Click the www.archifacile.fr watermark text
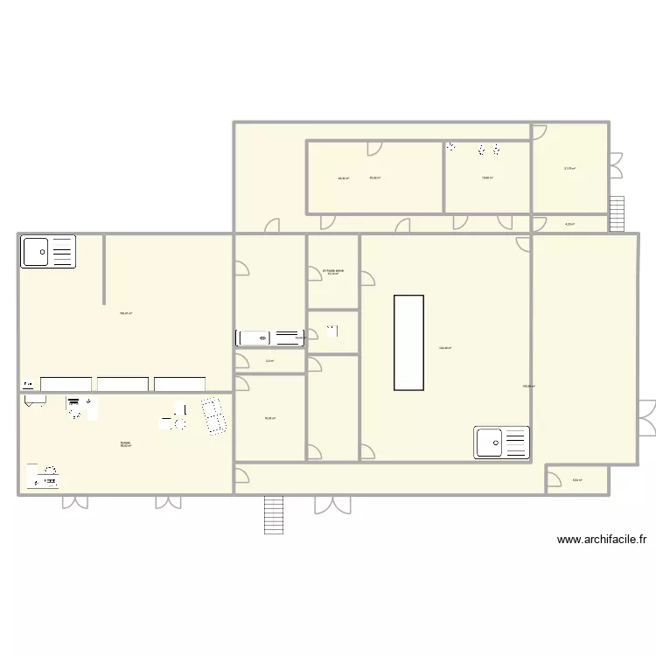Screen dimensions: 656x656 tap(606, 541)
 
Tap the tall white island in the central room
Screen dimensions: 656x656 tap(408, 342)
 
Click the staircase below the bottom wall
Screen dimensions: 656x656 tap(275, 514)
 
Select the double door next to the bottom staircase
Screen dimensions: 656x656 tap(332, 506)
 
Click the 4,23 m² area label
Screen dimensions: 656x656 tap(569, 224)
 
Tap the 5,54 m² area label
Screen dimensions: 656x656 tap(577, 479)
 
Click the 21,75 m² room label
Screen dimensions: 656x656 tap(569, 169)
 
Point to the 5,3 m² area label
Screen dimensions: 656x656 tap(269, 360)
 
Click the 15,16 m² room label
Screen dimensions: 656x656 tap(332, 273)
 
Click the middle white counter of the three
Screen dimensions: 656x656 tap(122, 384)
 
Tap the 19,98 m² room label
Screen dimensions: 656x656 tap(487, 178)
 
